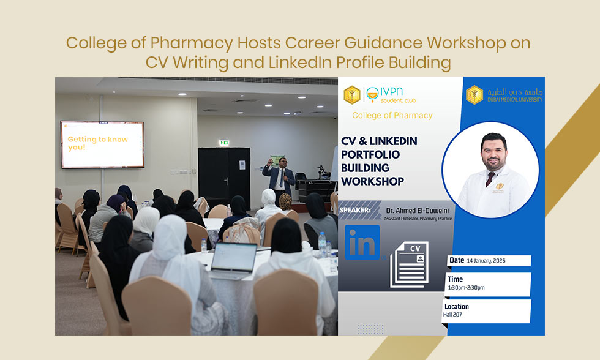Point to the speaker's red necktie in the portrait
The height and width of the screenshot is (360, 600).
pyautogui.click(x=490, y=178)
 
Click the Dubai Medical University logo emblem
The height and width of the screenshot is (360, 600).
pyautogui.click(x=474, y=94)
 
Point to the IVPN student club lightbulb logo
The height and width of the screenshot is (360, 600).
pyautogui.click(x=371, y=94)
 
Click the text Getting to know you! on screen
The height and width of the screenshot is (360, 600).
pyautogui.click(x=98, y=143)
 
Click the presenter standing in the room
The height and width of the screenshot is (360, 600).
pyautogui.click(x=279, y=178)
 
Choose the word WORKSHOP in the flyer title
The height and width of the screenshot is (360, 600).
pyautogui.click(x=372, y=181)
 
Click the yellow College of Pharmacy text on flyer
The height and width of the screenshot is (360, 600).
pyautogui.click(x=392, y=115)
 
